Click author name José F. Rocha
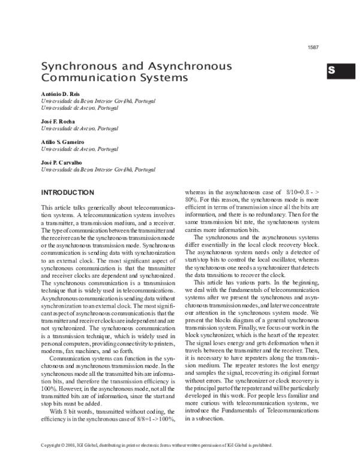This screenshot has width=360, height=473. pos(58,121)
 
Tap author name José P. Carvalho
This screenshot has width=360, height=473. pos(62,162)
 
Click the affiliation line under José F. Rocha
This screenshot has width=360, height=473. pos(79,128)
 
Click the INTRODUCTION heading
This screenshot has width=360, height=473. pos(67,192)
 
